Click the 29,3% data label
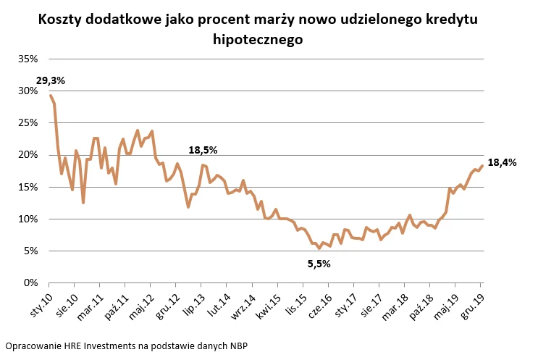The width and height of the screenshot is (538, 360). tap(50, 80)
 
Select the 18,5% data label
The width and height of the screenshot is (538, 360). tap(203, 150)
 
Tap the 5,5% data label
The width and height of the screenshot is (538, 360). tap(319, 264)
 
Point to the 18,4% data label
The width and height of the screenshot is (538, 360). tap(502, 163)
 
